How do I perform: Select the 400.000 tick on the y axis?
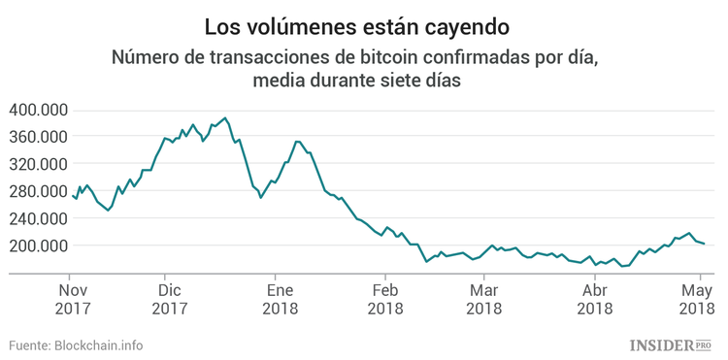click(37, 110)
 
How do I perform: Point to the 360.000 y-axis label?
click(37, 137)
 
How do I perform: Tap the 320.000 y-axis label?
click(37, 164)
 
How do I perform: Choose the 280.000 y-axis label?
click(37, 191)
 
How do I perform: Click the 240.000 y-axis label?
click(37, 218)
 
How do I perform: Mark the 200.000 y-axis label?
click(37, 245)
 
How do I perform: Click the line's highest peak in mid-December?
click(225, 118)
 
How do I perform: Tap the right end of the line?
click(704, 244)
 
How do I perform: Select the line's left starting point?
click(73, 195)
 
